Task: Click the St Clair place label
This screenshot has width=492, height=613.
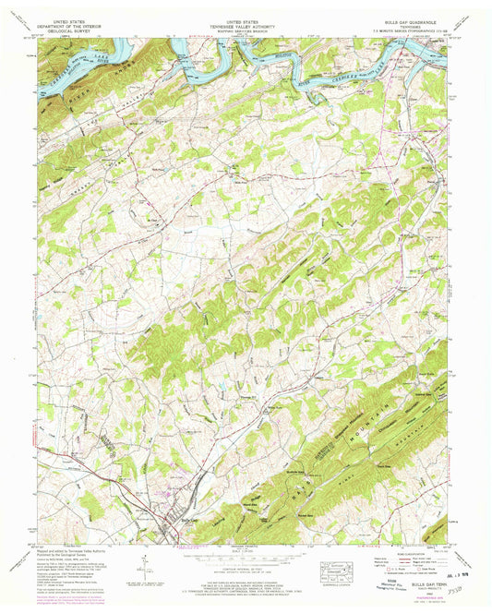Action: pyautogui.click(x=154, y=219)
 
